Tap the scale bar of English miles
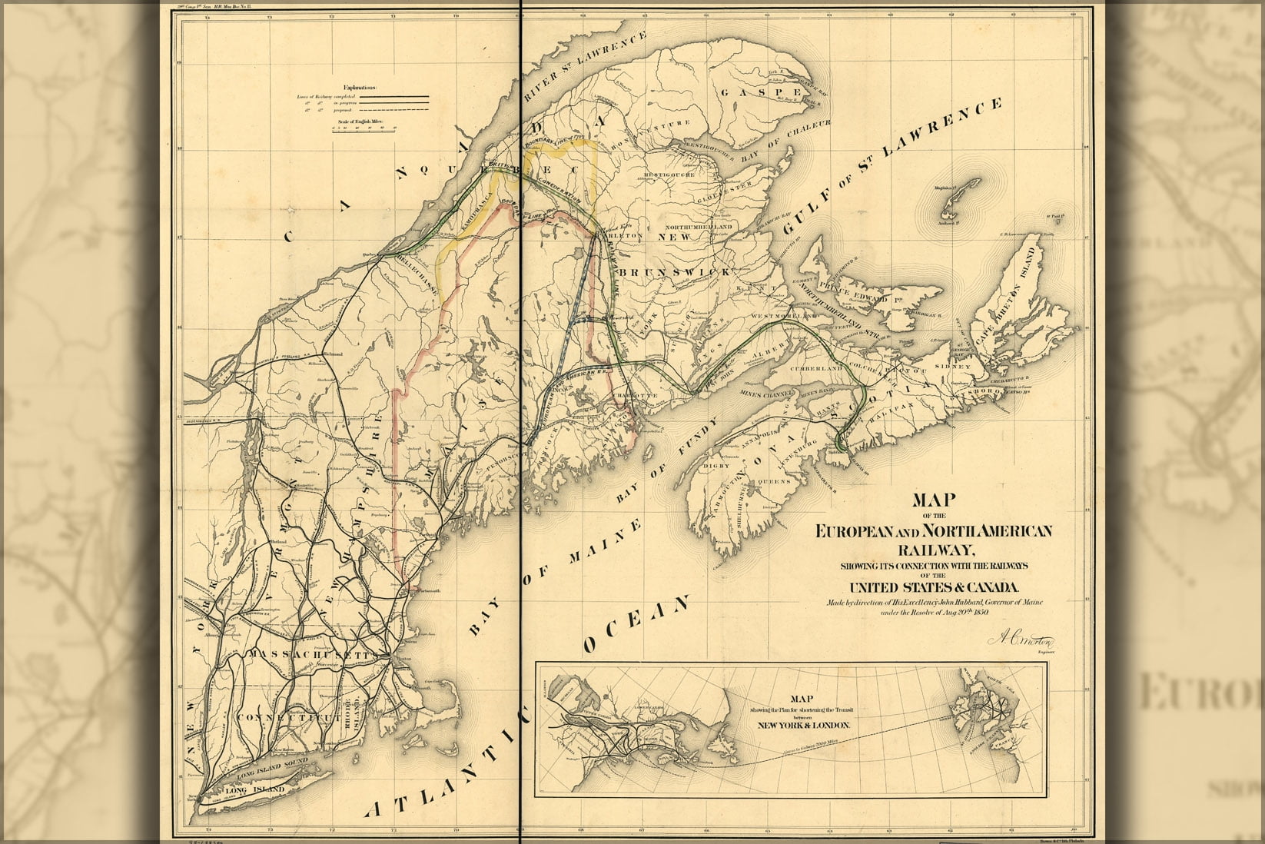364,131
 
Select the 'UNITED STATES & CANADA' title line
934,587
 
